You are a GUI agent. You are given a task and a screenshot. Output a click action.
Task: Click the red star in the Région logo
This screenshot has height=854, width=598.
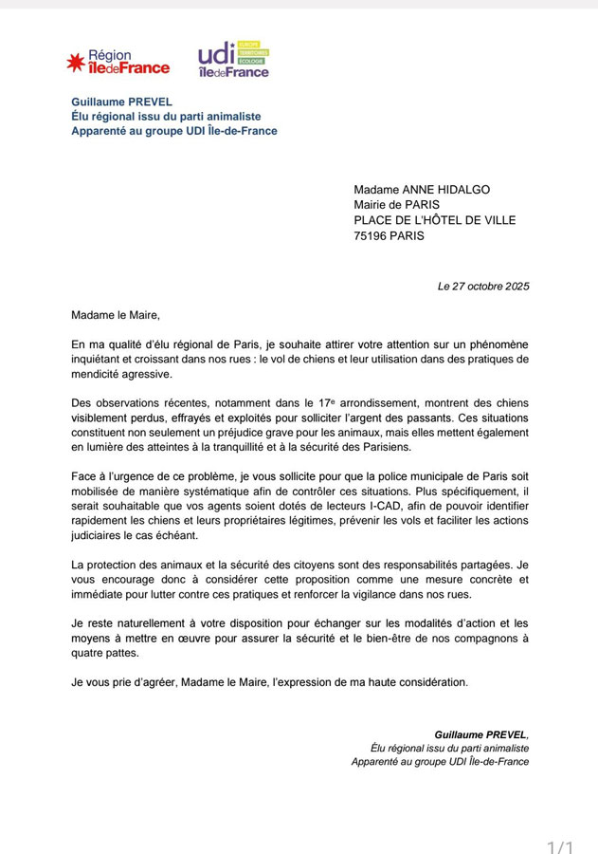75,63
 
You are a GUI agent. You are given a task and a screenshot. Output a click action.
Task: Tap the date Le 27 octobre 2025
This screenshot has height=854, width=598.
483,286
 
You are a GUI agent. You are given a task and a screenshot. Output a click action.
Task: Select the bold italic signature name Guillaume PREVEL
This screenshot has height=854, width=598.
480,734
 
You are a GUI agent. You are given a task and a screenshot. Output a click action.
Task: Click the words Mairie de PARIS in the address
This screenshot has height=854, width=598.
397,205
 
